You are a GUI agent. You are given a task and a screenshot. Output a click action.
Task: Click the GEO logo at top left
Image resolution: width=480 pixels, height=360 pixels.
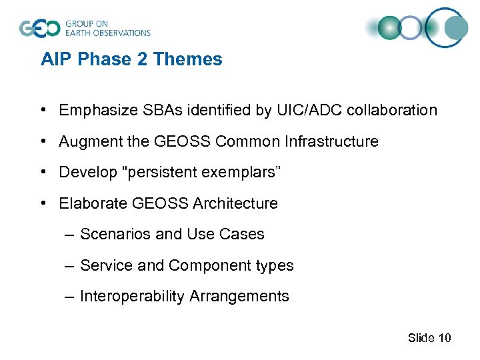point(40,28)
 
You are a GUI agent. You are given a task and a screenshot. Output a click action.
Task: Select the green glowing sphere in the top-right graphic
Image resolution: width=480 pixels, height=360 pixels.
point(389,28)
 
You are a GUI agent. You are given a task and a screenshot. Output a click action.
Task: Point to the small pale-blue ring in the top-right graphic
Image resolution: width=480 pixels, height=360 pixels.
point(412,28)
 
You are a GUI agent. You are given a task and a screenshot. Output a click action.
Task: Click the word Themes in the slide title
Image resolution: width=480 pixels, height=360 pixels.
point(187,59)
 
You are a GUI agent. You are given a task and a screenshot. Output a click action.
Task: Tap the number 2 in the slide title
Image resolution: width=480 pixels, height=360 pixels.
point(141,59)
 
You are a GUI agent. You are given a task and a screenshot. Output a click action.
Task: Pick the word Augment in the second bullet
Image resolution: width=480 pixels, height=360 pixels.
point(85,142)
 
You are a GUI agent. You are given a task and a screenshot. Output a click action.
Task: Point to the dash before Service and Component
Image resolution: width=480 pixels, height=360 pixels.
point(71,265)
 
